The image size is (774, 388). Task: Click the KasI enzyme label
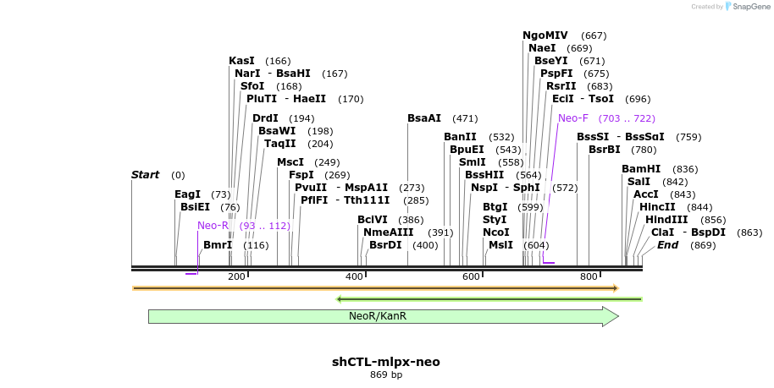[242, 61]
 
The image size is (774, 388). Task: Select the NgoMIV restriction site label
[545, 36]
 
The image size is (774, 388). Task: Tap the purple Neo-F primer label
[573, 118]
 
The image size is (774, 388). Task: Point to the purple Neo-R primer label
[213, 226]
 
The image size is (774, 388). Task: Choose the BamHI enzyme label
[641, 169]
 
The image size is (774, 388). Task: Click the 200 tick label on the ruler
[236, 276]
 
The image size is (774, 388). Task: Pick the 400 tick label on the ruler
[354, 276]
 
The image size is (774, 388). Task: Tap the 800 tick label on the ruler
[589, 276]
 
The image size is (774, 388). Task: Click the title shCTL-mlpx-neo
[386, 362]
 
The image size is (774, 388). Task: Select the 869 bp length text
[386, 374]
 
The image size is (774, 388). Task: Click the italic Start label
[145, 175]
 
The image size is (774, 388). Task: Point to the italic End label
[667, 245]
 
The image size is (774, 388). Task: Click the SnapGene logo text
[745, 7]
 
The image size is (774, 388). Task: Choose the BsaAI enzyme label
[424, 118]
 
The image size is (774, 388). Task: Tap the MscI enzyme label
[290, 162]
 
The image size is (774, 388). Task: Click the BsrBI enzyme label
[605, 150]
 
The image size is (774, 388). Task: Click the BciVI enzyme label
[373, 220]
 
